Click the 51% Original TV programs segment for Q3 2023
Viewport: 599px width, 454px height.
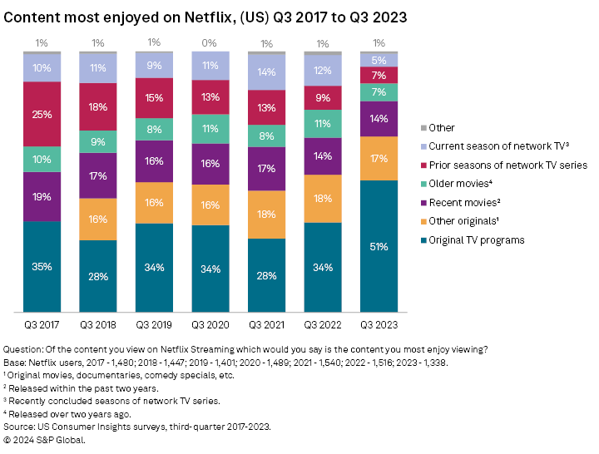[379, 246]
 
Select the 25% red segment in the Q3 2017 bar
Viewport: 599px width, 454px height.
[42, 114]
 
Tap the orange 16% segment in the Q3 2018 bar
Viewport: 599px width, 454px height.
[98, 220]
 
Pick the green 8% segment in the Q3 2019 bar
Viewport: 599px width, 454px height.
[154, 130]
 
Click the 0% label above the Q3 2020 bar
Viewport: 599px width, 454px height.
[210, 43]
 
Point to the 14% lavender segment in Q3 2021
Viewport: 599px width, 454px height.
[266, 72]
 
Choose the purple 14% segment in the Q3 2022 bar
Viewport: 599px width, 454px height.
[323, 155]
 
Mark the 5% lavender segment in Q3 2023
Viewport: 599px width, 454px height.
[379, 61]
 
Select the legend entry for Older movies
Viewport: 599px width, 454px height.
[457, 185]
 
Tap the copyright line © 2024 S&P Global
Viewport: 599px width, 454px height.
[45, 440]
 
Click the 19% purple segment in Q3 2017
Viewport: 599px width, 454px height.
[42, 197]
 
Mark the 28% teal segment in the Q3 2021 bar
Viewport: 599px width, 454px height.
[266, 276]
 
